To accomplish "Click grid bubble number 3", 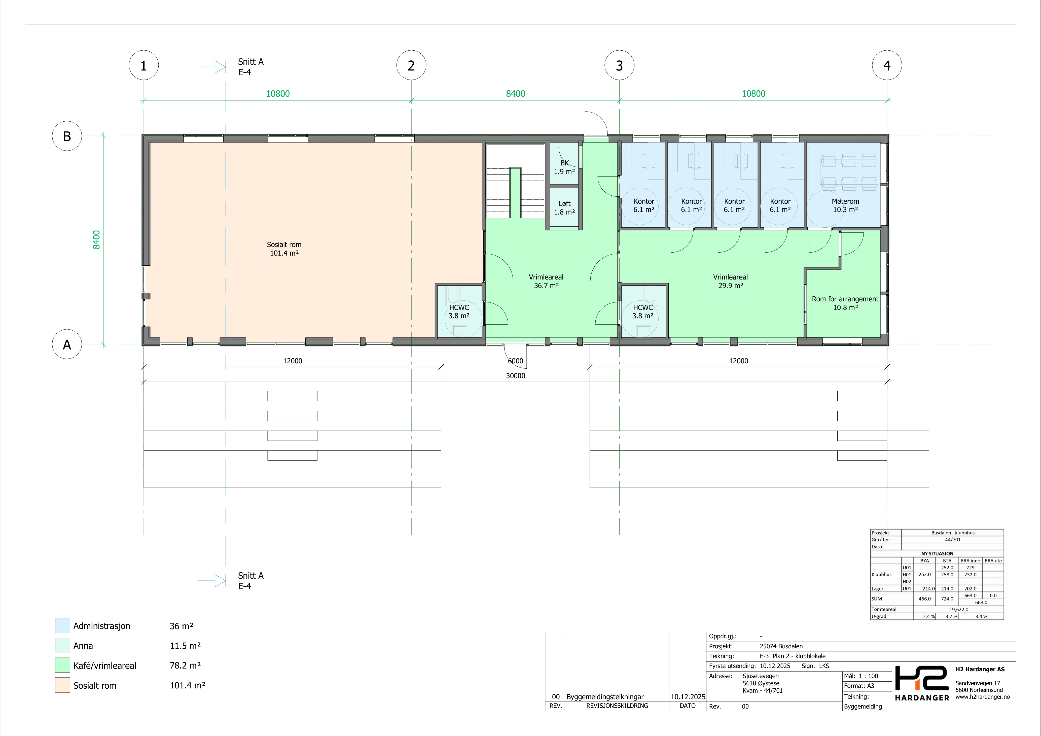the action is point(619,65).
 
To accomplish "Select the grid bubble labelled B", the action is point(67,136).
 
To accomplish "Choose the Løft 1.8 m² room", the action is point(564,208).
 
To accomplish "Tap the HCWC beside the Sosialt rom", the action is point(459,311).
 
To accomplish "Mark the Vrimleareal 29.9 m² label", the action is point(730,281).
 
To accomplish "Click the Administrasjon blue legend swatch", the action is point(63,625).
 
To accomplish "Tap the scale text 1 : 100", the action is point(868,676).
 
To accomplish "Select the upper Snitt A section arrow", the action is point(212,67).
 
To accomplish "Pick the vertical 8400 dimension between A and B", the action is point(96,240).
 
